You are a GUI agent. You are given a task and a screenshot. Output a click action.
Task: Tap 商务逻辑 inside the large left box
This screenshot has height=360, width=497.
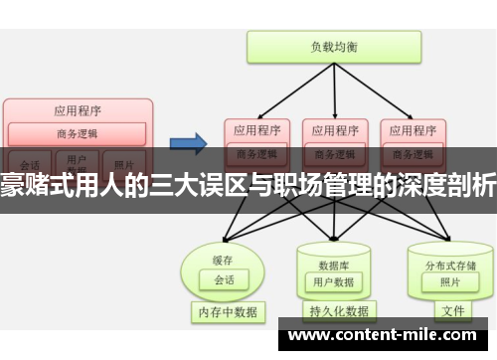click(77, 133)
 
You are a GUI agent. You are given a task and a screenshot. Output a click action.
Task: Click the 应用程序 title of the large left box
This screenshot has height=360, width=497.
click(77, 110)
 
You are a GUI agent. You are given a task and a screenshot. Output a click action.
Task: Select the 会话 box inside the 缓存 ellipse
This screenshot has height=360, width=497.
click(224, 253)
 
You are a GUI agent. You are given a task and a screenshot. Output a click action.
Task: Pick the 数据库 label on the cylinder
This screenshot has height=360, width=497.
click(333, 239)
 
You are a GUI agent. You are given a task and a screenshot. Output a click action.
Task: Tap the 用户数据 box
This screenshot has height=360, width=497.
click(333, 256)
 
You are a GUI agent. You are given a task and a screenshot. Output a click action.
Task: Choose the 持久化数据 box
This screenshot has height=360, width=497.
click(338, 311)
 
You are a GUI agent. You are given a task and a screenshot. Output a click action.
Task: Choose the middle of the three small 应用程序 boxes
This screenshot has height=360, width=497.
click(333, 130)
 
